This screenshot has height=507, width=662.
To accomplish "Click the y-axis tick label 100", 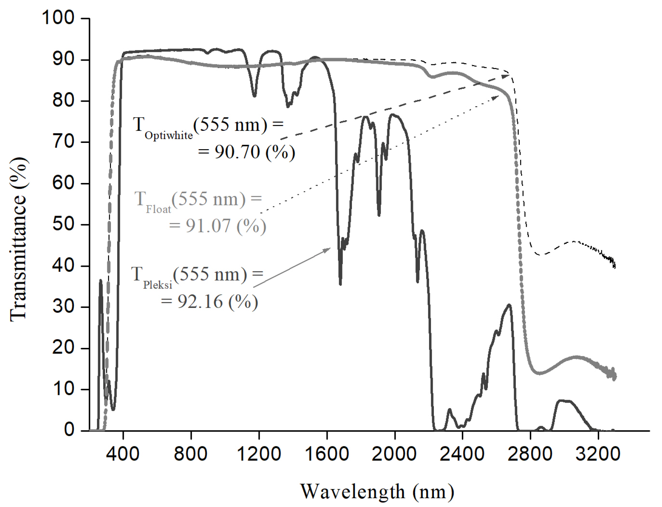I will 58,18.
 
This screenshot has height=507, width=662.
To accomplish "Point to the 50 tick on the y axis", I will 64,224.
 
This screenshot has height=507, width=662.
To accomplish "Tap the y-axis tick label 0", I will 69,430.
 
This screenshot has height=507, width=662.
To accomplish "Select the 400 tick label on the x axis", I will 123,454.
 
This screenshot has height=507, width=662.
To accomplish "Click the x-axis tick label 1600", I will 327,454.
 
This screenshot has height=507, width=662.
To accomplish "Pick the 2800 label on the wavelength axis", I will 530,454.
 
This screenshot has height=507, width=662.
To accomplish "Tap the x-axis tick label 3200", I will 598,454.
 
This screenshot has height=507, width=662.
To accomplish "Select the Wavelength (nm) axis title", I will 377,492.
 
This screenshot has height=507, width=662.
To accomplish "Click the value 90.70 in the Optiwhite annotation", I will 237,152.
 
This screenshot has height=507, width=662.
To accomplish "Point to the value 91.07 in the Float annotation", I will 208,226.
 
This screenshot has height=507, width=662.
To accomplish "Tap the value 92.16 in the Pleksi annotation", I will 200,302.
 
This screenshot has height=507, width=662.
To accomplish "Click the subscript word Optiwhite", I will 169,136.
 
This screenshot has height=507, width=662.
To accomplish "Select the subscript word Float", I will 158,210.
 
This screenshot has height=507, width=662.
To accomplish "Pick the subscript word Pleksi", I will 158,285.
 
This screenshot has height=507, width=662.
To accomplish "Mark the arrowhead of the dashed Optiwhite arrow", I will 508,75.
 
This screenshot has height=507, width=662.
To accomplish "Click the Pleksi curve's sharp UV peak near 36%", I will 101,281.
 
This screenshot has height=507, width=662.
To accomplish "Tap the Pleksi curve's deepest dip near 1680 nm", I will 340,284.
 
